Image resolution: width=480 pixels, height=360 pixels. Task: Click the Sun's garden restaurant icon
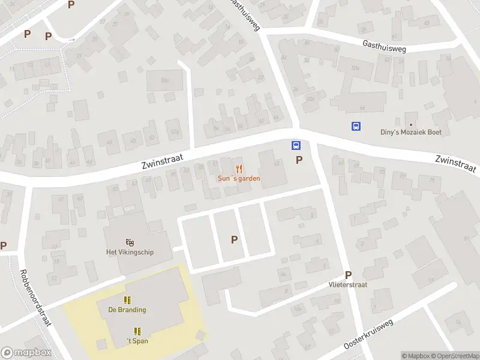239,169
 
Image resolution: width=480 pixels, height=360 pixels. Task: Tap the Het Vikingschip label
130,252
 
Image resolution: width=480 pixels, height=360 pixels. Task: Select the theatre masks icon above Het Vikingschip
130,242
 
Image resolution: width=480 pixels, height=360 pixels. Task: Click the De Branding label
127,310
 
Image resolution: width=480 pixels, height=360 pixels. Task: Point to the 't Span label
137,341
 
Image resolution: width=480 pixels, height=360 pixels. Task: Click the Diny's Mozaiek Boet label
411,132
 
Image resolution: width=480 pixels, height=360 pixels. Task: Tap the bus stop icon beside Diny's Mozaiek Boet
356,126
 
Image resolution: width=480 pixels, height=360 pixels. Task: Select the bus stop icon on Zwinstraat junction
296,145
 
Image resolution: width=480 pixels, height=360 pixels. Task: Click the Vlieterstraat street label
347,284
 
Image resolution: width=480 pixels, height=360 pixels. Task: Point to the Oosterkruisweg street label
369,335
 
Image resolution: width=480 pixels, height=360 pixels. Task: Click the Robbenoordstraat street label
37,298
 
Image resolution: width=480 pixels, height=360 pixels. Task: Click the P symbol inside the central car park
235,239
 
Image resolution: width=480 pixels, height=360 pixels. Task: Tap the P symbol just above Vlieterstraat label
348,274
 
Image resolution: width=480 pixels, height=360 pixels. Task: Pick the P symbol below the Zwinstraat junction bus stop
299,160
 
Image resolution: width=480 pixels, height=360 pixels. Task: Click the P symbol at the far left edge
4,245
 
